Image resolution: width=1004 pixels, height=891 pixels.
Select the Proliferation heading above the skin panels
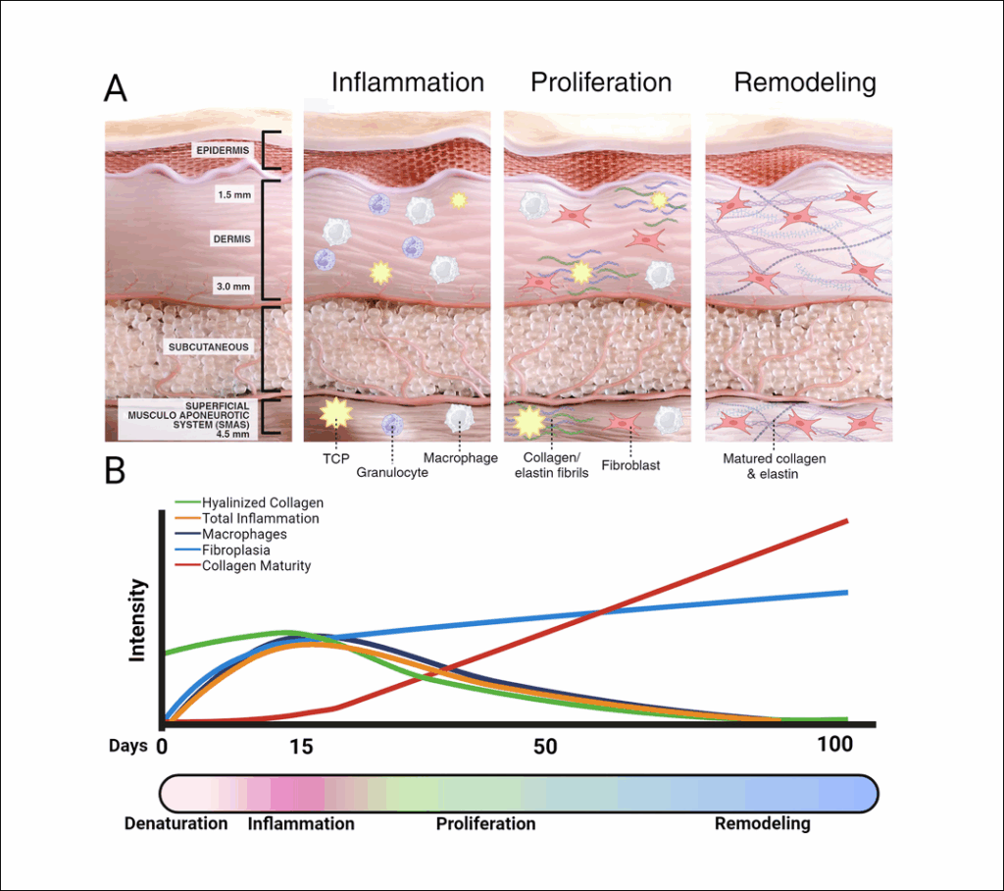pos(601,82)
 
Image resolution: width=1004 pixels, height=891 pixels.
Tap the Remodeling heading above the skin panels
pos(805,82)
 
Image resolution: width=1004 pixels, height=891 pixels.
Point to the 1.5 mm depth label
pos(233,194)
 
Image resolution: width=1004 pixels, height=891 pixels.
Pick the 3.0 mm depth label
pos(233,287)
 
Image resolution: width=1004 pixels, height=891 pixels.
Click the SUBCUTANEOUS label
pos(209,347)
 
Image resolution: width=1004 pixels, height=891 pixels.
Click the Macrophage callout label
pos(461,457)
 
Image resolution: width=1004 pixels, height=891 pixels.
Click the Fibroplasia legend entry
pos(236,550)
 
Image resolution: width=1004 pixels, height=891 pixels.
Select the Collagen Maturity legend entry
pos(256,566)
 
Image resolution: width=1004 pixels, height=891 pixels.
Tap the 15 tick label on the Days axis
pos(301,746)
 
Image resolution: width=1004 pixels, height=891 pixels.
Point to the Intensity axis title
pos(137,620)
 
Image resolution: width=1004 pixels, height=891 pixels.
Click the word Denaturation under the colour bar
pos(176,823)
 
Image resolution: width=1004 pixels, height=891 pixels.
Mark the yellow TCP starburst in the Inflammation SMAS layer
pos(335,413)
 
